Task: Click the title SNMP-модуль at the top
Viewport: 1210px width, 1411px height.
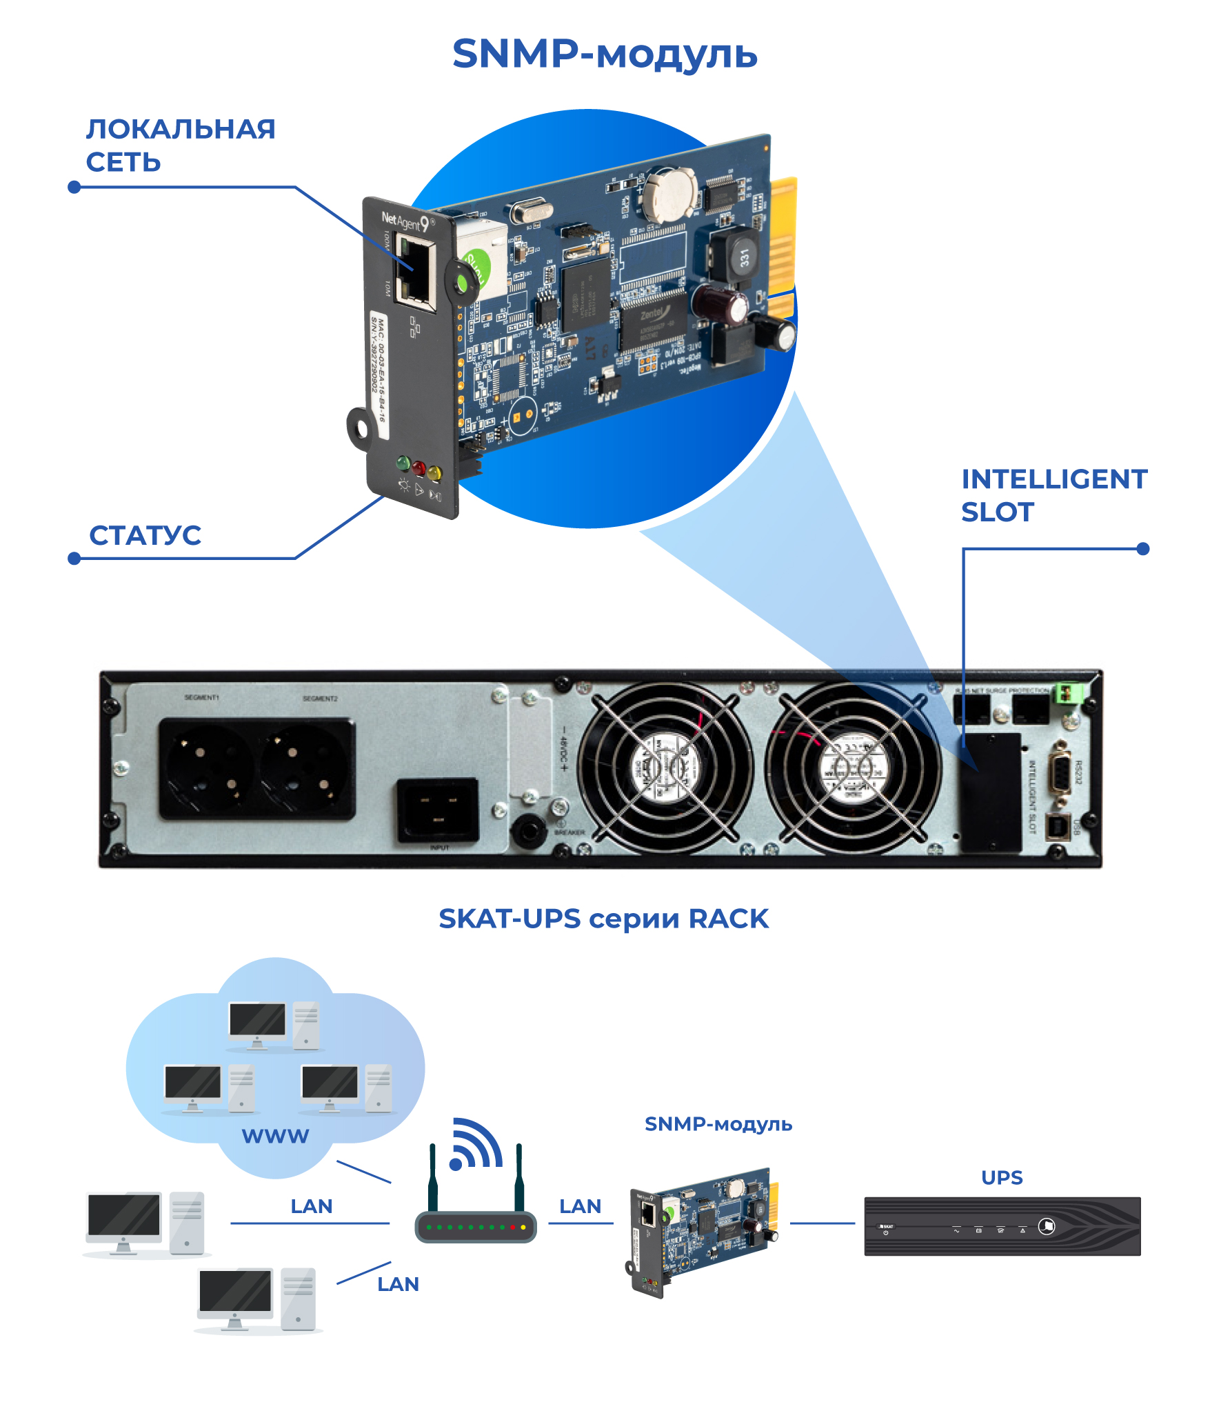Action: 605,54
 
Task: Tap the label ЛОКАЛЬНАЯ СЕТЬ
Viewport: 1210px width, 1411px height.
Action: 180,146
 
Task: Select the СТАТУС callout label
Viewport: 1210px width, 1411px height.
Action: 145,535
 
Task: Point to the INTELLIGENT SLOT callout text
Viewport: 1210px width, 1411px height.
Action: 1053,495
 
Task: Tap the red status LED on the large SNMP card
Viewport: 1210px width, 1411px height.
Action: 419,468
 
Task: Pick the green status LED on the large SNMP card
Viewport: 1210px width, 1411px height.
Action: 403,463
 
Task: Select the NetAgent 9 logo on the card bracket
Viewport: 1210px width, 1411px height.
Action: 407,221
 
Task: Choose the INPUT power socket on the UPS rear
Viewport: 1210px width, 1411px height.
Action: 438,810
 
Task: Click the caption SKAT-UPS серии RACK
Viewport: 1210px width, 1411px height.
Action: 603,919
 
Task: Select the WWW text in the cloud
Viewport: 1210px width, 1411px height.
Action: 275,1136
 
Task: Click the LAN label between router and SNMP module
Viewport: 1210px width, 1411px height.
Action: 580,1206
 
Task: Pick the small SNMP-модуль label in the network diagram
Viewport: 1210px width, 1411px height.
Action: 718,1124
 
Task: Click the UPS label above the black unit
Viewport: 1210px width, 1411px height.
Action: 1001,1177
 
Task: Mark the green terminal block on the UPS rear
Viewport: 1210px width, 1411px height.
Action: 1067,692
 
